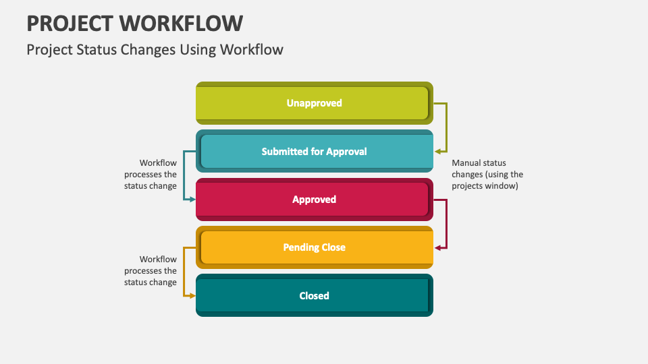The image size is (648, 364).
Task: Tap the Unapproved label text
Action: coord(314,103)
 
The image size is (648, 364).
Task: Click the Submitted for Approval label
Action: coord(314,152)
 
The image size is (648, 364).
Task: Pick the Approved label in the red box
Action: coord(314,200)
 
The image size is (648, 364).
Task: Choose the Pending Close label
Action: coord(314,247)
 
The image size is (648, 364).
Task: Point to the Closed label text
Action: coord(314,296)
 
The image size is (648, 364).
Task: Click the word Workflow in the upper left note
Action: coord(158,163)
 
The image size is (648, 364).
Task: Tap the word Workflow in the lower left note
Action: coord(158,260)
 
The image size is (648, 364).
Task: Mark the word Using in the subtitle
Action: coord(187,49)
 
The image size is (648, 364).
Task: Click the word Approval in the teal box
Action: coord(346,152)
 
